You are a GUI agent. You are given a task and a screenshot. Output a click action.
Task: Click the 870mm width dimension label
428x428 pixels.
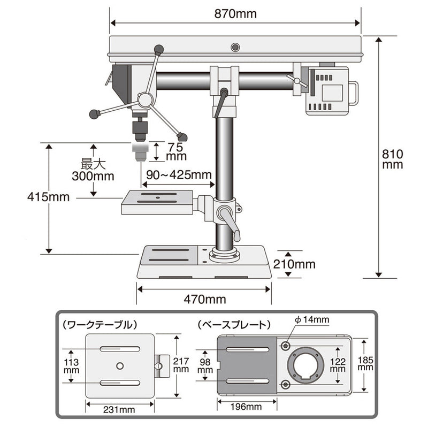point(235,14)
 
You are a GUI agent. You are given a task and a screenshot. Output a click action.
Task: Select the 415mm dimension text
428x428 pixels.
point(49,197)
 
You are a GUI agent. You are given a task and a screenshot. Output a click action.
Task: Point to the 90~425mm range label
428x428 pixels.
point(177,175)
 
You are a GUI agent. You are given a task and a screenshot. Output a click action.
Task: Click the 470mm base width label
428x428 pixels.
point(204,299)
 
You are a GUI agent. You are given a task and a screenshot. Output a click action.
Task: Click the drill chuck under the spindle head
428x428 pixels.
point(140,126)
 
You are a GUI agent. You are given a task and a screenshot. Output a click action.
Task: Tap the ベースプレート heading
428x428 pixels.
point(233,324)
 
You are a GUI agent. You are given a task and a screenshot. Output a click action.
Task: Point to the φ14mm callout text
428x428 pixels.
point(311,320)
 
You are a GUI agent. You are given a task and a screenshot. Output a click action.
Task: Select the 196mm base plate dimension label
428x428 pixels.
point(247,407)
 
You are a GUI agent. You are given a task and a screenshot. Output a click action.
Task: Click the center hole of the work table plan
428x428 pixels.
point(119,365)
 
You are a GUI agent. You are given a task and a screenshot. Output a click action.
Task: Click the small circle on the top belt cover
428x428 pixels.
point(235,47)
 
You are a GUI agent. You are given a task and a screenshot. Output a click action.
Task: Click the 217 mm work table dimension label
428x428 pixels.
point(181,364)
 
